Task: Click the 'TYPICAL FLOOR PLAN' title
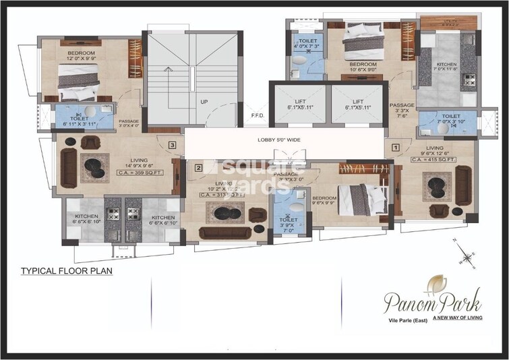(x=66, y=272)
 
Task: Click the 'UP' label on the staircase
(x=203, y=102)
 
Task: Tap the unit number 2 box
(x=198, y=168)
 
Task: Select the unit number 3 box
(x=173, y=144)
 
